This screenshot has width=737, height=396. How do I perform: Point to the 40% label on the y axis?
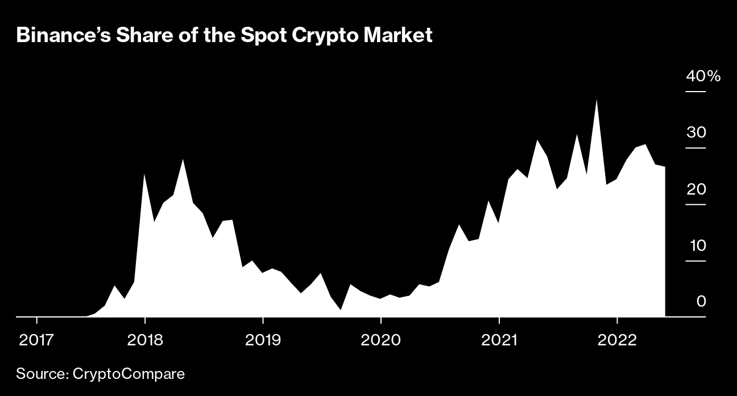click(x=703, y=76)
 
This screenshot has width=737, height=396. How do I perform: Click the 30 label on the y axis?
click(x=696, y=133)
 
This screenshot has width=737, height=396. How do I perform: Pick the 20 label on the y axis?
click(x=696, y=189)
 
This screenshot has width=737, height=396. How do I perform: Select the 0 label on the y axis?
click(x=701, y=301)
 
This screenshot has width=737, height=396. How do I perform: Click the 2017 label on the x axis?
click(x=36, y=340)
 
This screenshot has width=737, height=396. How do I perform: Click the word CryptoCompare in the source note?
click(x=129, y=374)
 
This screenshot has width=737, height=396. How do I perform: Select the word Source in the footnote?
click(x=41, y=374)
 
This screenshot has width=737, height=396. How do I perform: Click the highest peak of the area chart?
click(x=596, y=100)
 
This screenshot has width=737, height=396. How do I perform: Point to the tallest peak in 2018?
click(x=183, y=160)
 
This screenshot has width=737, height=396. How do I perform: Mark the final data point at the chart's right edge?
click(x=664, y=167)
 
